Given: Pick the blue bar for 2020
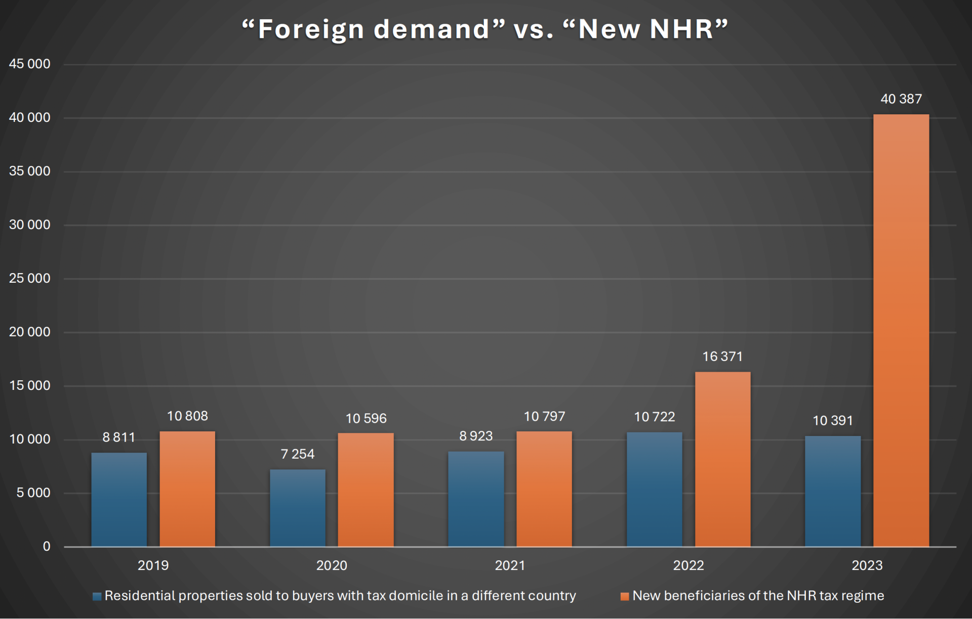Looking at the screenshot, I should click(297, 508).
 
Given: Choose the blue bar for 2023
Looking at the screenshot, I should click(832, 491).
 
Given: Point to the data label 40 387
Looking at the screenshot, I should click(901, 99).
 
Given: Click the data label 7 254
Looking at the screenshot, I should click(298, 454).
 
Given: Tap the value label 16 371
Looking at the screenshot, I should click(722, 357).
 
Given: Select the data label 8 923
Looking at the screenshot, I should click(476, 436).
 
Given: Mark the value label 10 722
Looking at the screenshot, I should click(655, 417).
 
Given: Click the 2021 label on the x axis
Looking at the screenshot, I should click(510, 565).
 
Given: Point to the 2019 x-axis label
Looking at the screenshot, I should click(153, 565).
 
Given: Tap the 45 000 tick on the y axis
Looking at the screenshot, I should click(30, 64).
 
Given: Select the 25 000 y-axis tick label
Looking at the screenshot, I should click(30, 278).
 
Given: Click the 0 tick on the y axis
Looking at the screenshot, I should click(47, 546).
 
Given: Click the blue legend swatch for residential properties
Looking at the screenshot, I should click(97, 596).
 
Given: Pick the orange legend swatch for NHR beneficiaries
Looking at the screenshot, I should click(625, 596).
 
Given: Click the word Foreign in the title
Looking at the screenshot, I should click(311, 29).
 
